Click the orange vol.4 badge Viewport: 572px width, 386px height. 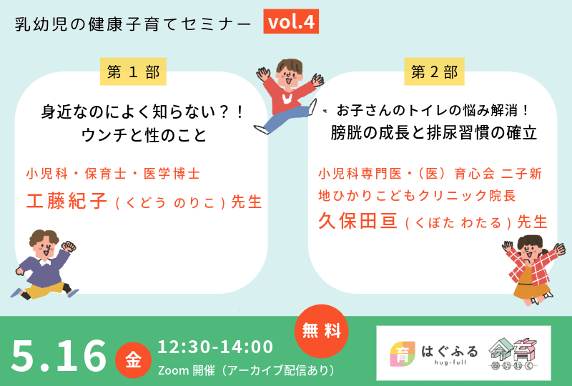tap(290, 22)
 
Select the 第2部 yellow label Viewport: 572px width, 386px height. tap(434, 71)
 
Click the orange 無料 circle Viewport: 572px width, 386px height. tap(322, 331)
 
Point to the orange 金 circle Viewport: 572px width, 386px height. tap(134, 360)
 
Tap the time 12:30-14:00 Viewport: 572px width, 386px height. tap(215, 347)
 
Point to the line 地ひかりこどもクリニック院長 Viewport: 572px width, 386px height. tap(418, 194)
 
